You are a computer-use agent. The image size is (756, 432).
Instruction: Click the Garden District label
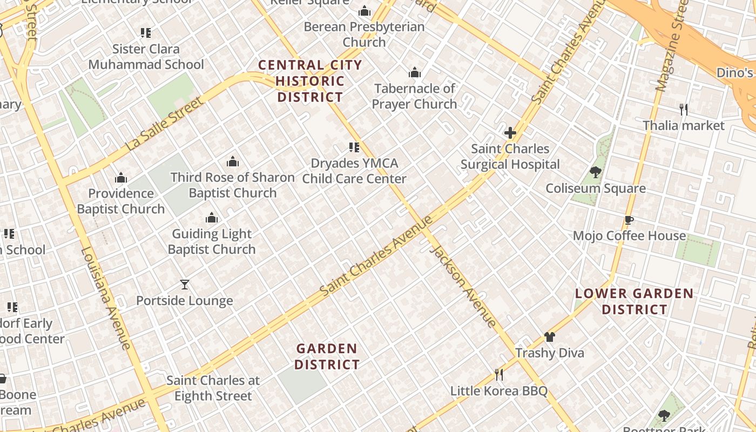click(x=327, y=356)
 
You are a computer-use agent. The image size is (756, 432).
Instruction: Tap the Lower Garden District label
click(x=634, y=301)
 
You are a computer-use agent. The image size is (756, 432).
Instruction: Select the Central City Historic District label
click(x=310, y=81)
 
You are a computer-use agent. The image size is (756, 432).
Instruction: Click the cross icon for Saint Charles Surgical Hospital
click(x=510, y=133)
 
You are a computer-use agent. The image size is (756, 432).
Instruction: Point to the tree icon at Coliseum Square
click(x=596, y=173)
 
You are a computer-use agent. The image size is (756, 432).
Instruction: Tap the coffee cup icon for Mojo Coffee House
click(x=629, y=220)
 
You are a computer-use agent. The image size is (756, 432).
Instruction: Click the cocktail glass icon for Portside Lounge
click(x=185, y=285)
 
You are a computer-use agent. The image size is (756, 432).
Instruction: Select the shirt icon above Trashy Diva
click(x=549, y=337)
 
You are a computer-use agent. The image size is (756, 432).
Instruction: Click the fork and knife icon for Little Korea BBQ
click(x=499, y=375)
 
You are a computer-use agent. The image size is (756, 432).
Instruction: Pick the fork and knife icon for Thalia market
click(x=684, y=110)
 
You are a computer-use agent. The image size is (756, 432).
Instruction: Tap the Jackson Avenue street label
click(x=463, y=287)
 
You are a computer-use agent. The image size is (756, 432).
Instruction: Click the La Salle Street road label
click(x=165, y=124)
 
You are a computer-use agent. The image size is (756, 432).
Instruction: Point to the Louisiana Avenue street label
click(x=105, y=298)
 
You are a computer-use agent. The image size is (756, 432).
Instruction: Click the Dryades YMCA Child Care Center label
click(x=354, y=171)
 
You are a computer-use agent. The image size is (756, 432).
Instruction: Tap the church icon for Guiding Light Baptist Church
click(x=212, y=218)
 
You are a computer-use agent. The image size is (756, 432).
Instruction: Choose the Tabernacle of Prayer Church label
click(x=414, y=96)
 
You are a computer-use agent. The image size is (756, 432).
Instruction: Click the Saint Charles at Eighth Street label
click(x=213, y=388)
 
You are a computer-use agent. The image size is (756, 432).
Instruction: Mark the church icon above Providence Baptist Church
click(x=121, y=178)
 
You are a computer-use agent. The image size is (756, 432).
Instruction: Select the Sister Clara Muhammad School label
click(x=146, y=57)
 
